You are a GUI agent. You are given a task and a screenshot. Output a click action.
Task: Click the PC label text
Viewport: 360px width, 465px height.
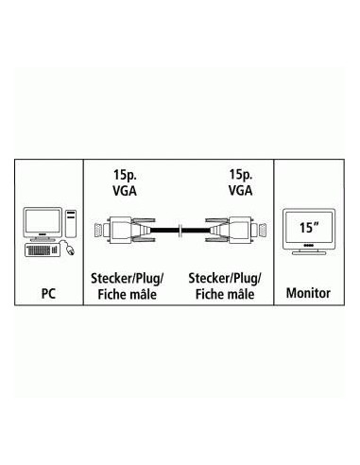tap(48, 294)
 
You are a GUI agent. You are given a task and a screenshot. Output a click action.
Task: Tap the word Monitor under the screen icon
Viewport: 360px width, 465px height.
tap(308, 294)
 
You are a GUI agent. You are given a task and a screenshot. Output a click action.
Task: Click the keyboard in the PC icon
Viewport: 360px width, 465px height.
tap(37, 251)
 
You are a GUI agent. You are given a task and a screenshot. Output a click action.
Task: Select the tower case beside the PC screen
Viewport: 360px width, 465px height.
tap(69, 223)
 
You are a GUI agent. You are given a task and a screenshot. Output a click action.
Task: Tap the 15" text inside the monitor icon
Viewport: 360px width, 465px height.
tap(306, 228)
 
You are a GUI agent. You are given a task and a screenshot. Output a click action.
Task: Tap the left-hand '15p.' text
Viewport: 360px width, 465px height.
tap(124, 175)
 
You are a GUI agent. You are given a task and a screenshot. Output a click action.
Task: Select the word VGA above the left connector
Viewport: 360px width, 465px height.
tap(124, 192)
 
